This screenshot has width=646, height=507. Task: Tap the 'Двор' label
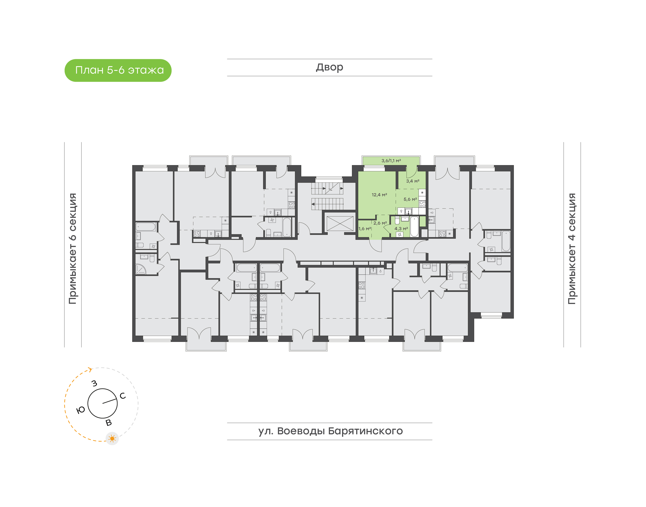click(329, 67)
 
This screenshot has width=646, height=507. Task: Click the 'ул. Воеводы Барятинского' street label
click(330, 431)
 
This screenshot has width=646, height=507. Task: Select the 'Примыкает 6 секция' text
click(73, 249)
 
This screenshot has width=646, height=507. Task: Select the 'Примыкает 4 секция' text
click(572, 249)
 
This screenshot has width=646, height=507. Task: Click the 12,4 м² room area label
click(379, 195)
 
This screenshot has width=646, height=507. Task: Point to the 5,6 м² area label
click(410, 199)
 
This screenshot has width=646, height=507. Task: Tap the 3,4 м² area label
click(412, 181)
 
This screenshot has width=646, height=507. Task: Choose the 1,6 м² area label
click(365, 229)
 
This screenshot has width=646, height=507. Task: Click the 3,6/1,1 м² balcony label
click(391, 161)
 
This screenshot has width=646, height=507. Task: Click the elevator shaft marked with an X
click(340, 223)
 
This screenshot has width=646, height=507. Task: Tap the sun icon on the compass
click(112, 438)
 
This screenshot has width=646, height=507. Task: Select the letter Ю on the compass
click(81, 410)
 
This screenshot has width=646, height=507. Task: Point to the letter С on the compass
click(122, 396)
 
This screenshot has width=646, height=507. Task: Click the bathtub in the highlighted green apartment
click(414, 227)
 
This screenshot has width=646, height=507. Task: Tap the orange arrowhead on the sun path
click(90, 369)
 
